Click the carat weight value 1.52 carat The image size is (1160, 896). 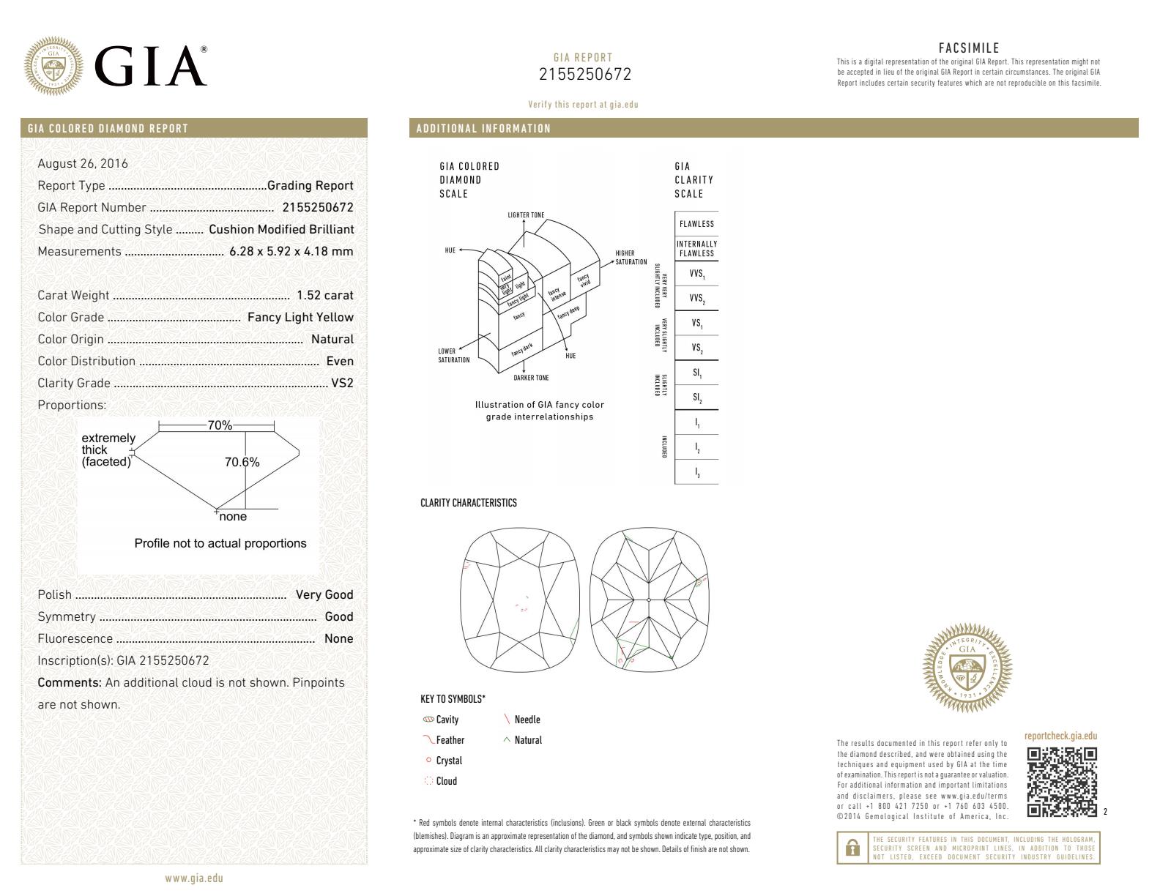point(324,296)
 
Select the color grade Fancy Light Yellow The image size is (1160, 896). point(300,318)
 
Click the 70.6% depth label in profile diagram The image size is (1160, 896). point(242,463)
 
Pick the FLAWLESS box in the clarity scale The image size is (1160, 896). point(696,224)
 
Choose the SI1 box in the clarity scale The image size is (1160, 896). point(696,373)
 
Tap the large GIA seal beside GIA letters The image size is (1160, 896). point(53,65)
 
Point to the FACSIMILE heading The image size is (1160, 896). point(968,49)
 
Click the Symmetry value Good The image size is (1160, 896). point(338,617)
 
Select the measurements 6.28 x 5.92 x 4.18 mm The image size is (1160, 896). point(291,252)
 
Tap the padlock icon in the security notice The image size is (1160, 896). point(852,848)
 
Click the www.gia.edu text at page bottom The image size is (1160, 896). point(194,878)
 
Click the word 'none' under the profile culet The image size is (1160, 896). point(233,517)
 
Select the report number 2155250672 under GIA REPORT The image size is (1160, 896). point(584,75)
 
